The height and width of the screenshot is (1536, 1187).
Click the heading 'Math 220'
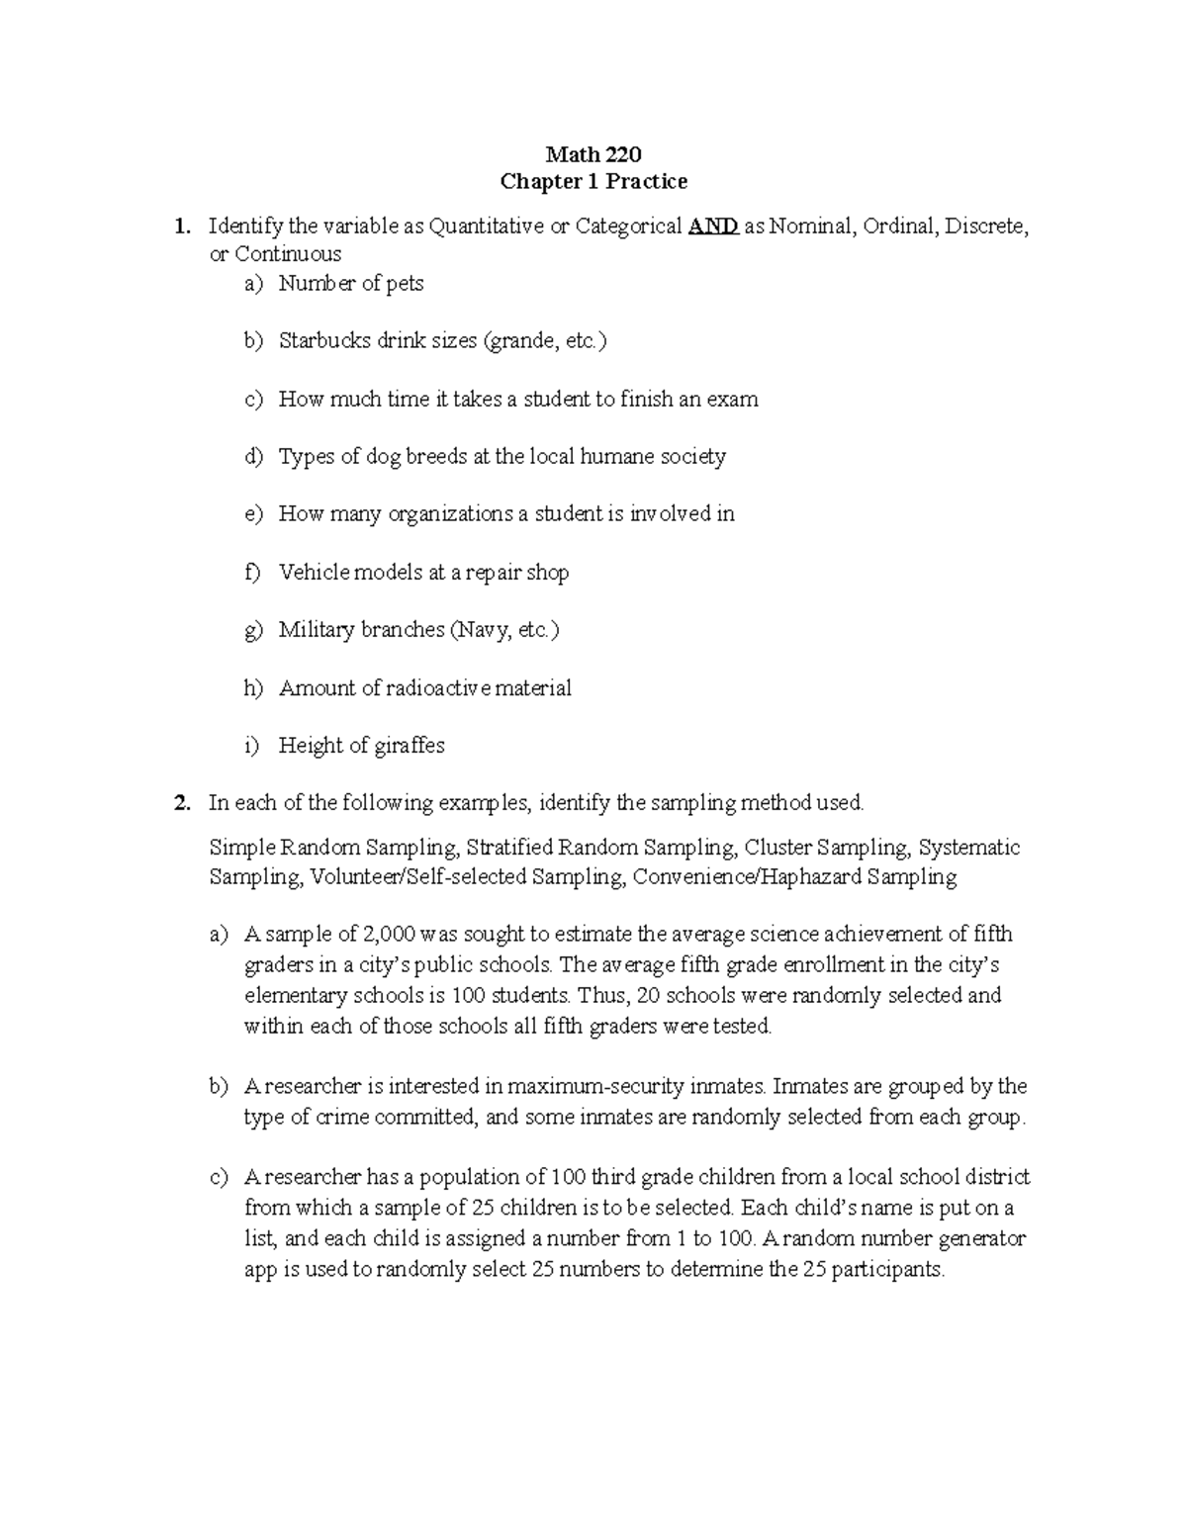pos(593,154)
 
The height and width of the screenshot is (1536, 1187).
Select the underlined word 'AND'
pos(712,226)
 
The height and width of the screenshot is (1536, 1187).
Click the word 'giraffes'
pos(410,746)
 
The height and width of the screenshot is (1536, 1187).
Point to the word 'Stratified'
pos(508,848)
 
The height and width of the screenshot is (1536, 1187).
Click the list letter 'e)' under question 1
pos(253,514)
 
